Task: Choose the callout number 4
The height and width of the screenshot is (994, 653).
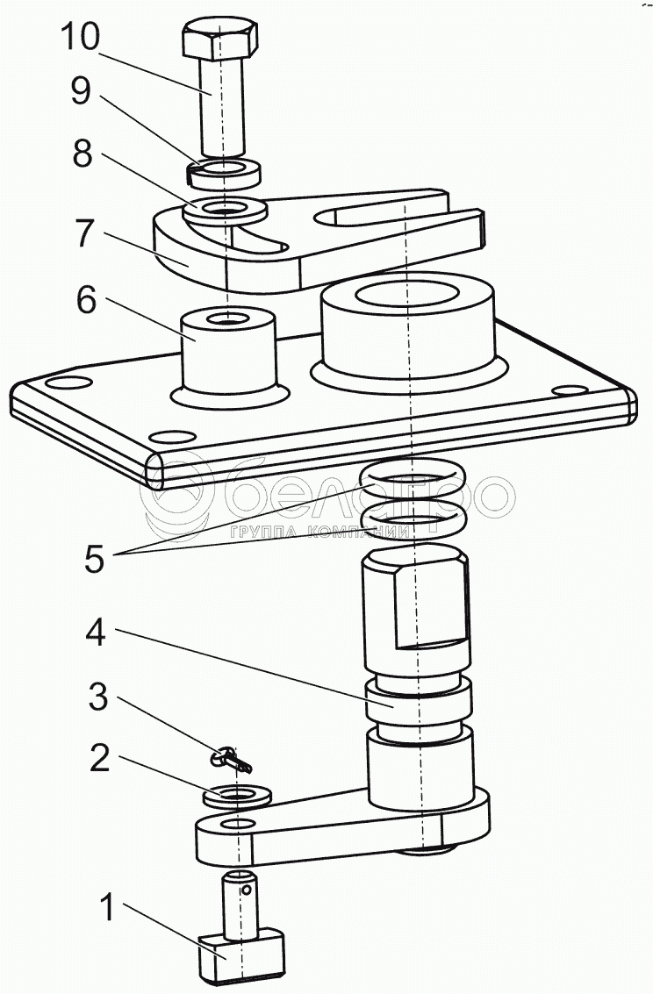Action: coord(96,633)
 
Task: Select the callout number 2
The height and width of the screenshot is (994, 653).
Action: coord(100,759)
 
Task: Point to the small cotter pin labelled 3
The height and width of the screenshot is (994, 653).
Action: coord(234,757)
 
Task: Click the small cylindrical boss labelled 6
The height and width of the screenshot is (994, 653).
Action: coord(227,351)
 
